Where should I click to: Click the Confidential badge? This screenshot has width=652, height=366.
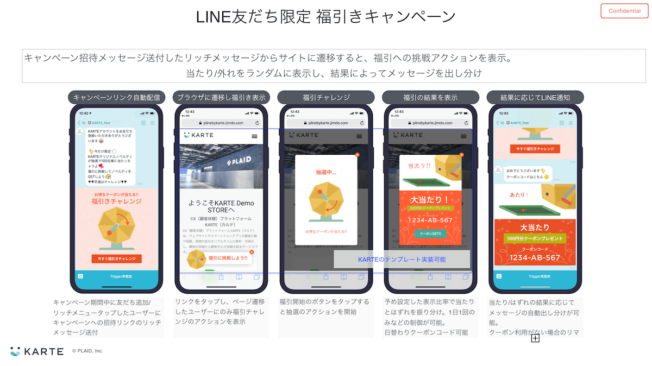[624, 11]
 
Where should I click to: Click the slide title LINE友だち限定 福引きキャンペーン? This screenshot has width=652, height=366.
[325, 17]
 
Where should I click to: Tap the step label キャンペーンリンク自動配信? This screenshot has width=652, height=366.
[117, 98]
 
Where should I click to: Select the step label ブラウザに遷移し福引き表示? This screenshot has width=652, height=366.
[221, 98]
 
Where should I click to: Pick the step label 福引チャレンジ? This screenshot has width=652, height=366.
[326, 98]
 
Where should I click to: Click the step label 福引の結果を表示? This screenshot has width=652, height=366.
[430, 98]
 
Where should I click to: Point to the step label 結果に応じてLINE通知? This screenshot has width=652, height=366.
[535, 98]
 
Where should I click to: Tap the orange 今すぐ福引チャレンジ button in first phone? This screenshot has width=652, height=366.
[116, 259]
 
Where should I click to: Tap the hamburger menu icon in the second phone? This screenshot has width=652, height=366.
[254, 136]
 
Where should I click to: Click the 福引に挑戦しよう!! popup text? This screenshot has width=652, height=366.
[228, 258]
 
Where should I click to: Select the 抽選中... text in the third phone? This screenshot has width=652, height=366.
[326, 172]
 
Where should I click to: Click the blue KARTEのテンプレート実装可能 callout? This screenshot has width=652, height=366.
[402, 260]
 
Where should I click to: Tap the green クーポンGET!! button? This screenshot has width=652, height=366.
[430, 234]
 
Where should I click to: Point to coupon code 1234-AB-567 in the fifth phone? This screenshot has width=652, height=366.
[535, 258]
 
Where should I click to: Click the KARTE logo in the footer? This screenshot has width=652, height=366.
[36, 351]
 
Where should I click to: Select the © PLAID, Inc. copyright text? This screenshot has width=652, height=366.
[87, 351]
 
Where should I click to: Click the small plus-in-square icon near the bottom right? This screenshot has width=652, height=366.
[535, 338]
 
